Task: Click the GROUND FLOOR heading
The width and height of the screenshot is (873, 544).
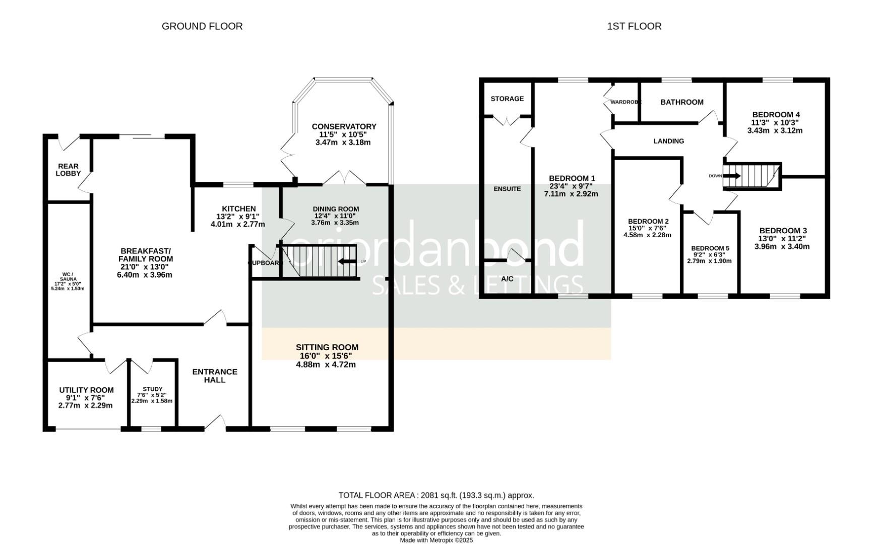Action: tap(202, 26)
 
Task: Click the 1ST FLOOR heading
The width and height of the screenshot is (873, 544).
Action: tap(634, 26)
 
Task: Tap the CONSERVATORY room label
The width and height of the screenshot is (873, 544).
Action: tap(344, 126)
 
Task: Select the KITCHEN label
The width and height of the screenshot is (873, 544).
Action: tap(238, 209)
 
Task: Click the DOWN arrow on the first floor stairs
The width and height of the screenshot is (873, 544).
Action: tap(731, 176)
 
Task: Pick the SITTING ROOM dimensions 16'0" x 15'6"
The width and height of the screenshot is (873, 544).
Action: tap(326, 356)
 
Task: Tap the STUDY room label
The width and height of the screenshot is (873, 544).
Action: tap(152, 389)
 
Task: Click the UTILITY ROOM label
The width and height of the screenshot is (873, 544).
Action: tap(86, 390)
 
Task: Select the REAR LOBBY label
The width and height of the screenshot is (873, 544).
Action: tap(68, 170)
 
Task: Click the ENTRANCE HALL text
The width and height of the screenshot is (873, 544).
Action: tap(215, 376)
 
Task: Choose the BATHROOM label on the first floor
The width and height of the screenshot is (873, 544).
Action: tap(681, 102)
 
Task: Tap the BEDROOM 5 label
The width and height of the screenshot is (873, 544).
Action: tap(710, 248)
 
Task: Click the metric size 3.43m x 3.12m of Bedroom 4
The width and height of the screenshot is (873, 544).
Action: tap(775, 130)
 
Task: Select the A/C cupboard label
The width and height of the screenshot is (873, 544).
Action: tap(507, 279)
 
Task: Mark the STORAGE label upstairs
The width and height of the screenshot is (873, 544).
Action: tap(507, 99)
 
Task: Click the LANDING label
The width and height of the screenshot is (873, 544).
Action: tap(668, 141)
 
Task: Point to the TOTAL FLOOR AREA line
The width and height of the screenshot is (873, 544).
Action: tap(436, 495)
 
